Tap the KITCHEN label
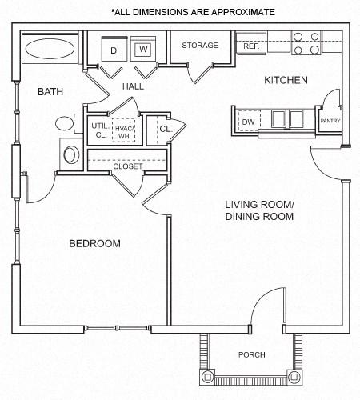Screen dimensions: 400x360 (286, 80)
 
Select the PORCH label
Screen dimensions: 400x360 (251, 354)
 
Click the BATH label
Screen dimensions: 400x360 (50, 92)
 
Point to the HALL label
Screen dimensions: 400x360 (133, 86)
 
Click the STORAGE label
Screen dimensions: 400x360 (199, 46)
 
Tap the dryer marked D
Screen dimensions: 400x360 (114, 50)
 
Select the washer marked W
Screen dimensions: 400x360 (143, 50)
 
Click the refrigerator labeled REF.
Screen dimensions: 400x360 (250, 46)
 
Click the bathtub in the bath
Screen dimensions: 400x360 (50, 50)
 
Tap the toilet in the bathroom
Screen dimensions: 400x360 (66, 125)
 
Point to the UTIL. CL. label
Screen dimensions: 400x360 (100, 130)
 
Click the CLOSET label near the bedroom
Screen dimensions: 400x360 (127, 166)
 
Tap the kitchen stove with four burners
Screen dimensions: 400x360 (306, 42)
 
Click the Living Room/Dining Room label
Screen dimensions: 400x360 (259, 210)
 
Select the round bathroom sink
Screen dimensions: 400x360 (70, 153)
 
